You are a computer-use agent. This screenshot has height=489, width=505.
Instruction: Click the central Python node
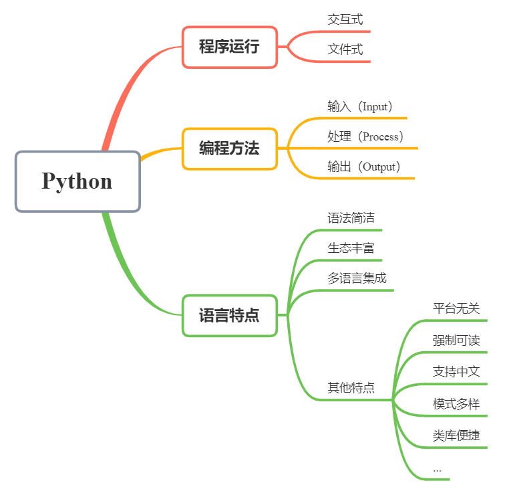[77, 181]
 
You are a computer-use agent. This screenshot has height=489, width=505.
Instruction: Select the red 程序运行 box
[229, 47]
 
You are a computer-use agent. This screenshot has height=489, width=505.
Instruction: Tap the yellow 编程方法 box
[229, 149]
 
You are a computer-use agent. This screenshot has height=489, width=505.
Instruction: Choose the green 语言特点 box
[229, 315]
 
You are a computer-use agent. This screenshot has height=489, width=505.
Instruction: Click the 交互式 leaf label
[345, 19]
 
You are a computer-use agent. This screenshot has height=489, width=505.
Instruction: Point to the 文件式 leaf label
[345, 50]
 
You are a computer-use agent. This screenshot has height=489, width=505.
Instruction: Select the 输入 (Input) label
[360, 106]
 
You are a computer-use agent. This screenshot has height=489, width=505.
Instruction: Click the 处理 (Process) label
[365, 136]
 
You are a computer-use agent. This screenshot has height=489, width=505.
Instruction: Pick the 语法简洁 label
[351, 218]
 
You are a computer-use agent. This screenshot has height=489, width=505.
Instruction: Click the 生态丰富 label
[351, 248]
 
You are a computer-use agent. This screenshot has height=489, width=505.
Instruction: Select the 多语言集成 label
[357, 278]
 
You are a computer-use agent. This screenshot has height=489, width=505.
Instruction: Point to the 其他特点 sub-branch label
[351, 388]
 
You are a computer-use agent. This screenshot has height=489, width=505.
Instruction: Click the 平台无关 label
[456, 308]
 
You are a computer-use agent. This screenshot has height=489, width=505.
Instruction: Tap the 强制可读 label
[456, 340]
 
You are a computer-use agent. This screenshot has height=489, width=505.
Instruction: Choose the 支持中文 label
[456, 371]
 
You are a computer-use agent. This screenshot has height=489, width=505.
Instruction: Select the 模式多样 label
[456, 404]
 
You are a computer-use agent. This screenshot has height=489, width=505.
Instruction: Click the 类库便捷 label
[456, 435]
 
